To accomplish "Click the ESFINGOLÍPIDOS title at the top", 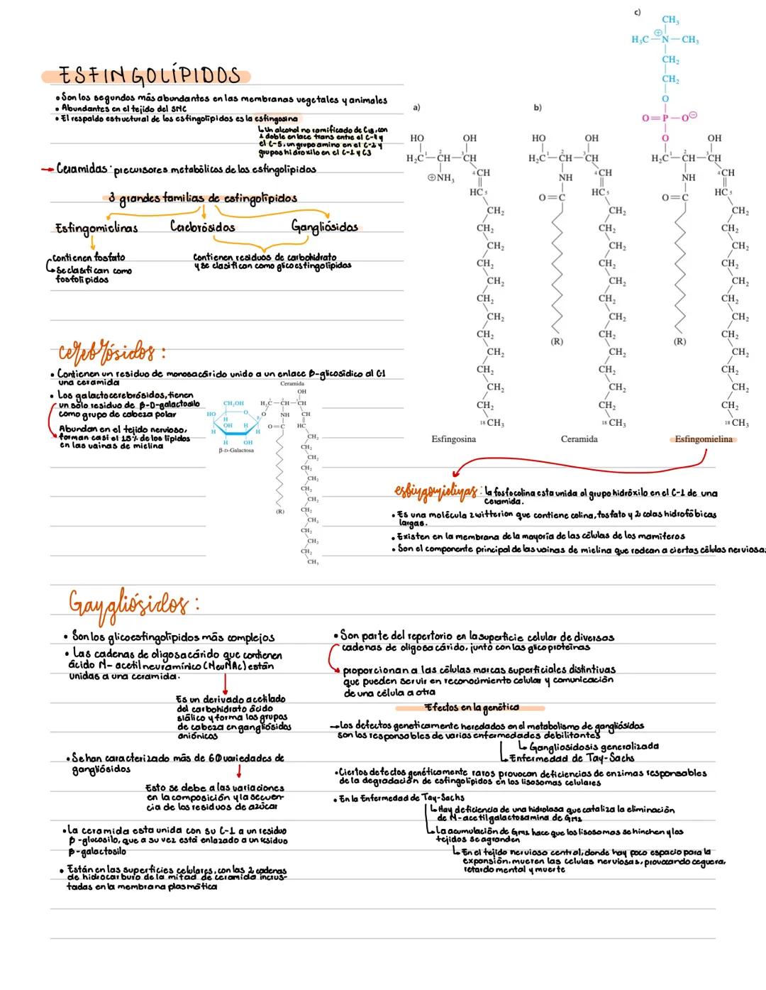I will tap(148, 75).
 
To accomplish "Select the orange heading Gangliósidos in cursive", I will tap(132, 605).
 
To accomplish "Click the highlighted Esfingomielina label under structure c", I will tap(703, 439).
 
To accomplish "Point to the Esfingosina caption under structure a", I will tap(453, 439).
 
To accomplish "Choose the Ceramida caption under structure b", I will tap(579, 439).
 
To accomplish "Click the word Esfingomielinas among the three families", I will tap(96, 228).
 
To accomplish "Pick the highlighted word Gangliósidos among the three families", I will tap(325, 227).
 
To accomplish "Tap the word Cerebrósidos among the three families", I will tap(202, 227).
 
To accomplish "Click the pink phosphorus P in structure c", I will tap(665, 119).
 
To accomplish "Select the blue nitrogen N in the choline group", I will tap(665, 40).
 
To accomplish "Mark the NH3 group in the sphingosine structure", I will tap(441, 178).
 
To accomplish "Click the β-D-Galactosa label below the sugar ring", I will tap(236, 450).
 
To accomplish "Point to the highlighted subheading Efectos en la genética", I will tap(472, 708).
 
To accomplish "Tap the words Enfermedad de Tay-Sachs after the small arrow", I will tap(572, 757).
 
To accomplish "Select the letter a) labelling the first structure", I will tap(416, 107).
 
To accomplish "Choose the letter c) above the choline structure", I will tap(638, 12).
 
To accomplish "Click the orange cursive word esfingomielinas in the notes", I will tap(435, 491).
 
